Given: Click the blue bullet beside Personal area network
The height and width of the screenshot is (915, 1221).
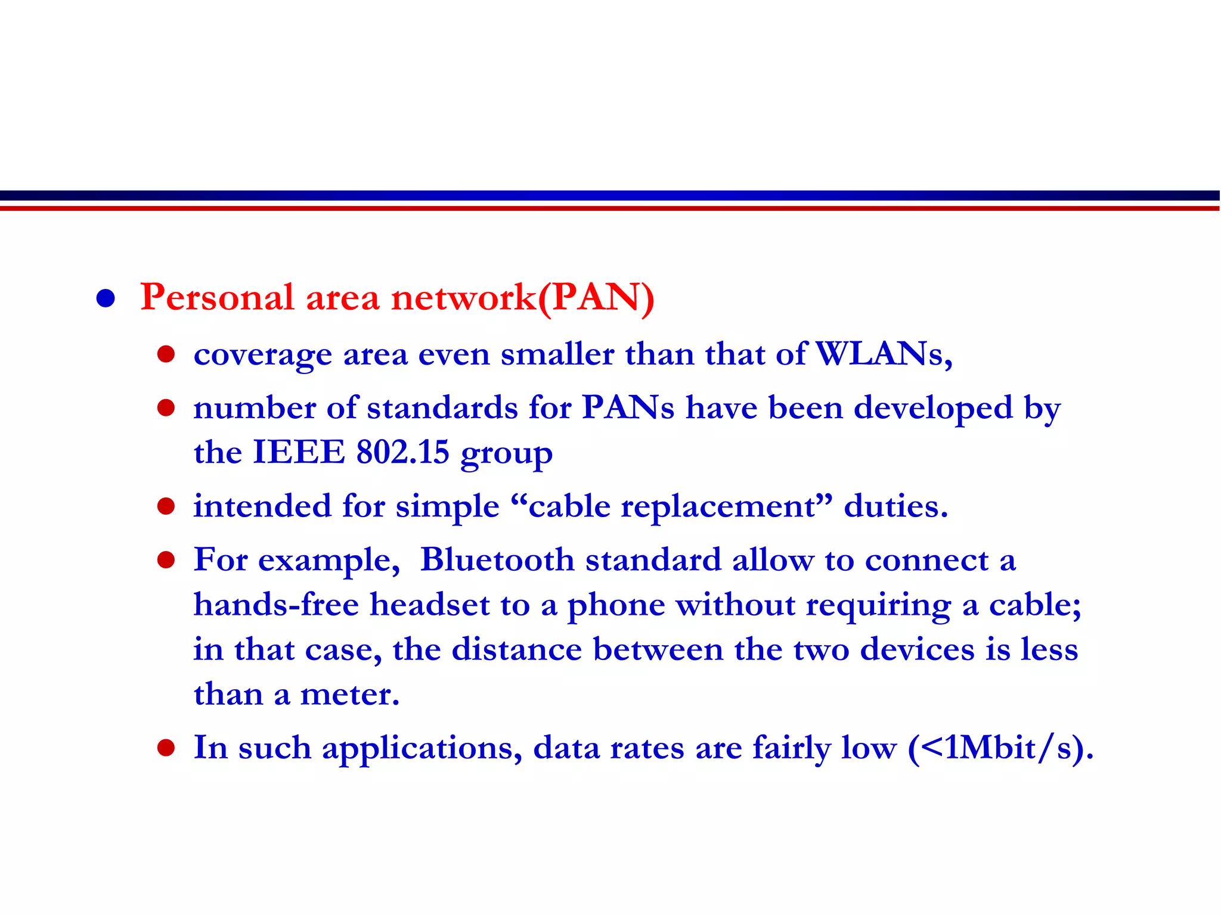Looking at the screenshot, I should [106, 298].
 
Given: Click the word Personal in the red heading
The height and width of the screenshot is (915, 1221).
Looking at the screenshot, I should [217, 297].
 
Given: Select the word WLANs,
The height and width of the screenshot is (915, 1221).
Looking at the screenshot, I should [883, 354].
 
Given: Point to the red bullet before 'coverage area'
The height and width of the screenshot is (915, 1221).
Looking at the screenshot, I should [166, 355].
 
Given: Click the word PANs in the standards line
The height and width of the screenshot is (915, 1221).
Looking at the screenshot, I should [628, 409].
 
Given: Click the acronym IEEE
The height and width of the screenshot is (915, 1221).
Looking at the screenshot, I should [299, 453].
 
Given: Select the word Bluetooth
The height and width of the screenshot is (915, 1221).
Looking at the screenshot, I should [497, 561].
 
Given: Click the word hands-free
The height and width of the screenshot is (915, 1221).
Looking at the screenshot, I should [276, 605].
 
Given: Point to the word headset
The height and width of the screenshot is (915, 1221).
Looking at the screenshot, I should [430, 605].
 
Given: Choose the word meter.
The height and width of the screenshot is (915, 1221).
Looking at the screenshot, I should [349, 695].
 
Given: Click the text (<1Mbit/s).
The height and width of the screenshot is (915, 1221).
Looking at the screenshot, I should [1000, 748].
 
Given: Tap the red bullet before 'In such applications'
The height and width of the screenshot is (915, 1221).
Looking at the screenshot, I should [166, 748].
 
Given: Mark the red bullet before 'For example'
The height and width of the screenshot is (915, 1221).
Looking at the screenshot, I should [166, 561].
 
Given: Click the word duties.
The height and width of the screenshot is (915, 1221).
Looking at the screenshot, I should [895, 507].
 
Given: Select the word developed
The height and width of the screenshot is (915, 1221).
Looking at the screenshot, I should [933, 409].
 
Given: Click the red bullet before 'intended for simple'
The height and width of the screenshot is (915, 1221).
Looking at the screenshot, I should [166, 507].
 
